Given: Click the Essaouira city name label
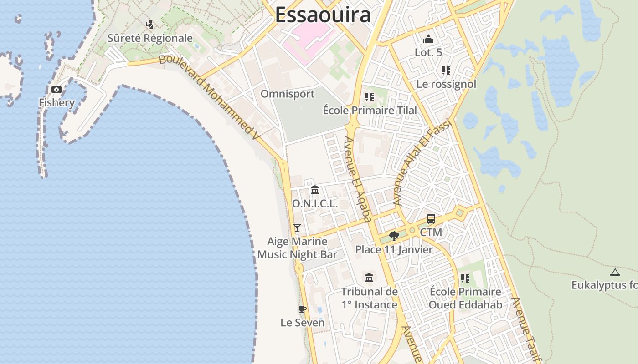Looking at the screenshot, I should pyautogui.click(x=323, y=15).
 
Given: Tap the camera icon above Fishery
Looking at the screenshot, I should pyautogui.click(x=57, y=89).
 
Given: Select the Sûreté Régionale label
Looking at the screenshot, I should pyautogui.click(x=150, y=38).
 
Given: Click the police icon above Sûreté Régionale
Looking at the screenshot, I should pyautogui.click(x=149, y=24).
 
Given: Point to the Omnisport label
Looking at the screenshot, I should pyautogui.click(x=288, y=94).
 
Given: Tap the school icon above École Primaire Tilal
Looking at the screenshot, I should pyautogui.click(x=369, y=97).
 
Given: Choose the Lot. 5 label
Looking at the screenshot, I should pyautogui.click(x=428, y=52).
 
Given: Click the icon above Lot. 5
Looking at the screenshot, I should pyautogui.click(x=428, y=40).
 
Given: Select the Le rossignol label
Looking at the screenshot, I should pyautogui.click(x=446, y=84).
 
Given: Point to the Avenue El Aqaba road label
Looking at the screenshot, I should pyautogui.click(x=358, y=180).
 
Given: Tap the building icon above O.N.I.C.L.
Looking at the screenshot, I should pyautogui.click(x=315, y=190).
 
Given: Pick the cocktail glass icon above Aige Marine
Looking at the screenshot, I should pyautogui.click(x=297, y=227).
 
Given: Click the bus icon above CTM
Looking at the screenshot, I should pyautogui.click(x=431, y=219).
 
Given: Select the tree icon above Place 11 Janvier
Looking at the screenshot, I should pyautogui.click(x=394, y=236).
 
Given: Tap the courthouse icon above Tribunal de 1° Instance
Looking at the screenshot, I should pyautogui.click(x=369, y=278).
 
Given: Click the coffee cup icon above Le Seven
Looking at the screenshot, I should pyautogui.click(x=302, y=309).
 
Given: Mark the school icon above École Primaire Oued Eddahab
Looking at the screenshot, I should pyautogui.click(x=465, y=278).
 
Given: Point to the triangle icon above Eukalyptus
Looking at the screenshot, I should pyautogui.click(x=615, y=273).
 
